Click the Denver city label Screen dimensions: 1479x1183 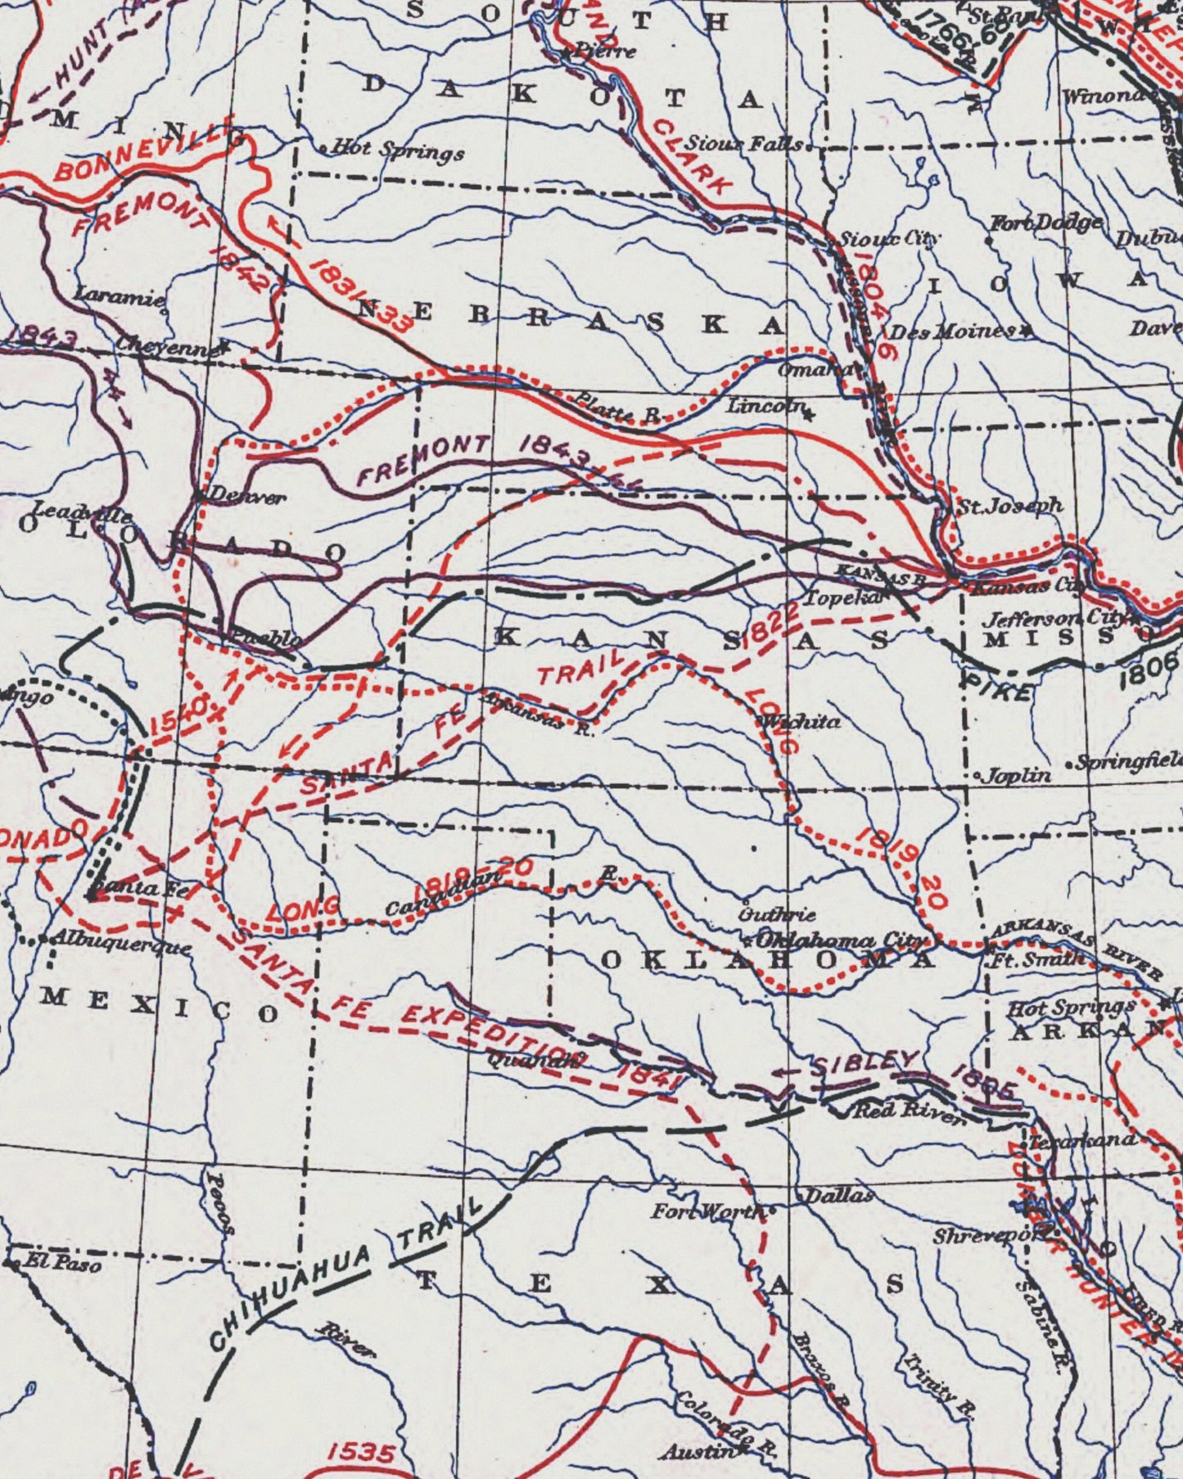coord(246,495)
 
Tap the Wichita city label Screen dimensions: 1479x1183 coord(800,722)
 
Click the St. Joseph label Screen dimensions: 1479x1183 coord(1010,507)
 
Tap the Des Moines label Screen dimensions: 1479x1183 coord(950,331)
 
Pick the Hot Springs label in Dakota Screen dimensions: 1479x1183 coord(398,151)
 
